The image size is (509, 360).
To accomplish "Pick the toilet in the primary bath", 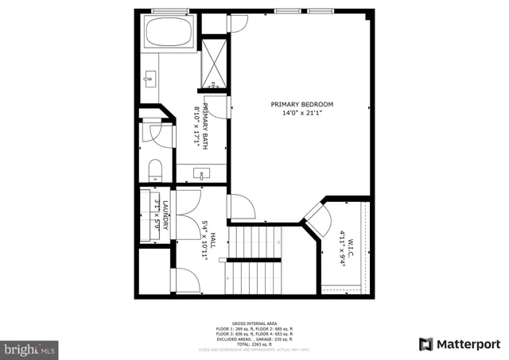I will tap(155, 169).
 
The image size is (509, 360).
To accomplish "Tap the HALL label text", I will tap(213, 234).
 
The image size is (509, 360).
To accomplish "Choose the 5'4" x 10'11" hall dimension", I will tap(204, 235).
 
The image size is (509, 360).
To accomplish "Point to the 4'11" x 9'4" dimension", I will tap(341, 247).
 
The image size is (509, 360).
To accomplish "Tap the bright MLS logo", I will tap(30, 348).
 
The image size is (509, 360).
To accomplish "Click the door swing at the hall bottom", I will tap(186, 280).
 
